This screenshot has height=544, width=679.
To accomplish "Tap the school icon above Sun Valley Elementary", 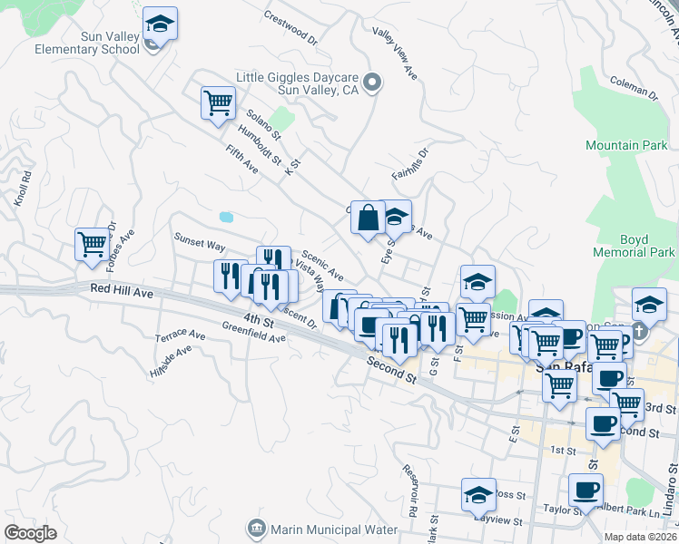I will [x=160, y=24].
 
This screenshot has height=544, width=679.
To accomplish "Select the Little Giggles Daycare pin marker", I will [x=371, y=84].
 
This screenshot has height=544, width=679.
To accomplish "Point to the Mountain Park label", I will [x=625, y=145].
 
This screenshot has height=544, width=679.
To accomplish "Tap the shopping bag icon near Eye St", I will [x=368, y=219].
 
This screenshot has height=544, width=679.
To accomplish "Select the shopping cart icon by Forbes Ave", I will [x=93, y=244].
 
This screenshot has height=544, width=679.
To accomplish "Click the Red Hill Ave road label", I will [x=123, y=291].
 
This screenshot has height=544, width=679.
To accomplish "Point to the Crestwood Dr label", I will [x=291, y=28].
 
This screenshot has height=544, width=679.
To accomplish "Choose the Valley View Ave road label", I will [x=395, y=55].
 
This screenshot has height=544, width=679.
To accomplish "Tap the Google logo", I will [x=31, y=533].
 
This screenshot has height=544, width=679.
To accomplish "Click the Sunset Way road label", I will [x=200, y=242].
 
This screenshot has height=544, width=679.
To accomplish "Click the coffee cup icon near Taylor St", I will [x=586, y=491].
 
